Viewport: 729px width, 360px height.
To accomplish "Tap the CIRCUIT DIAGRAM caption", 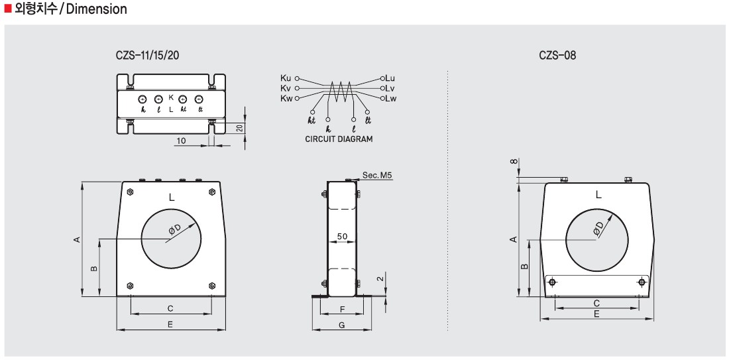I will pyautogui.click(x=339, y=139).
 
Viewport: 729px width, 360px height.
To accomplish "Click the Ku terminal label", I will pyautogui.click(x=286, y=78).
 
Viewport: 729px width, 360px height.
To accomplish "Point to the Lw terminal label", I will pyautogui.click(x=391, y=98).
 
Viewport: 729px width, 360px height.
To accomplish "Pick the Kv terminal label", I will pyautogui.click(x=286, y=88).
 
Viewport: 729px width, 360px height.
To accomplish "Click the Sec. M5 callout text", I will pyautogui.click(x=378, y=176).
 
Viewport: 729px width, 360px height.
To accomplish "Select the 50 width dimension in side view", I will pyautogui.click(x=343, y=237).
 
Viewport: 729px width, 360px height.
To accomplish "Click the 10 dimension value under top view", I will pyautogui.click(x=182, y=141).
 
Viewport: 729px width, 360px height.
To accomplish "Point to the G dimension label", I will pyautogui.click(x=342, y=325).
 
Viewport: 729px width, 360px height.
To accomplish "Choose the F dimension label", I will pyautogui.click(x=342, y=310).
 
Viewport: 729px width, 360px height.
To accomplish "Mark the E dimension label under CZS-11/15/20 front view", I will pyautogui.click(x=170, y=325).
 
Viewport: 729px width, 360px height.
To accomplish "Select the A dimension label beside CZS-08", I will pyautogui.click(x=513, y=239).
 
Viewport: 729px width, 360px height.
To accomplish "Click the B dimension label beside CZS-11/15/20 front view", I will pyautogui.click(x=93, y=269).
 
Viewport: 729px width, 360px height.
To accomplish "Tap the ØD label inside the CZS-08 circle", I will pyautogui.click(x=598, y=228).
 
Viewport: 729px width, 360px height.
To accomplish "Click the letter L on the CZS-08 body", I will pyautogui.click(x=598, y=194).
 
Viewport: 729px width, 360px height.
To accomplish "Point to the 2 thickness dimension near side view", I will pyautogui.click(x=380, y=279).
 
